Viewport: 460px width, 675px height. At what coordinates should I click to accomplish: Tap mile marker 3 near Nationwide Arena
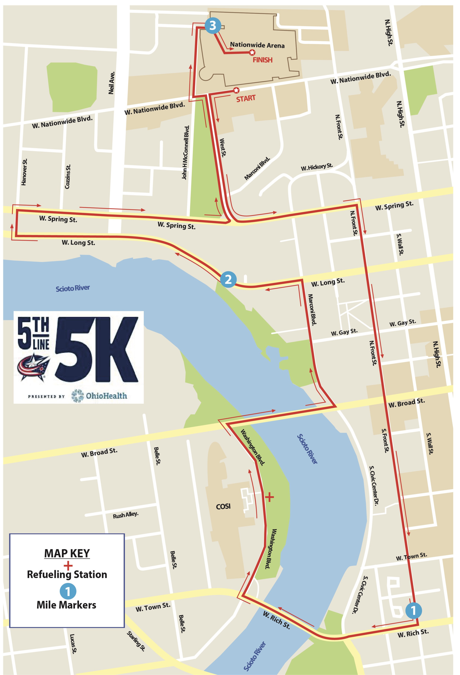click(213, 25)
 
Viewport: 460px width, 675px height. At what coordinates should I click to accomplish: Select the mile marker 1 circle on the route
click(413, 610)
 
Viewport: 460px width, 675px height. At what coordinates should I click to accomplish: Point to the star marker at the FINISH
click(252, 52)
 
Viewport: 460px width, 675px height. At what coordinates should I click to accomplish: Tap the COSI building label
click(223, 506)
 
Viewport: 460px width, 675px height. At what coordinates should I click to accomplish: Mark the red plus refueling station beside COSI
click(269, 497)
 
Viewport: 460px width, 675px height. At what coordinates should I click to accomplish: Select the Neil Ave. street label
click(111, 83)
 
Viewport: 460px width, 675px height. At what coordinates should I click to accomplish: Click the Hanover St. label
click(24, 172)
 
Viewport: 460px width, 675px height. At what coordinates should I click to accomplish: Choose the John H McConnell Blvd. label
click(185, 152)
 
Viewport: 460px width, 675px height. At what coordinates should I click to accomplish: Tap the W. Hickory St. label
click(317, 167)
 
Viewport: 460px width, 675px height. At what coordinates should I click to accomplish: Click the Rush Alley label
click(125, 515)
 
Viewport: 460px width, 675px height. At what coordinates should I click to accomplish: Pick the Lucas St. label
click(73, 644)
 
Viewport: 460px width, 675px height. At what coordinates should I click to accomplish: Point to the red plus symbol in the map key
click(68, 566)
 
